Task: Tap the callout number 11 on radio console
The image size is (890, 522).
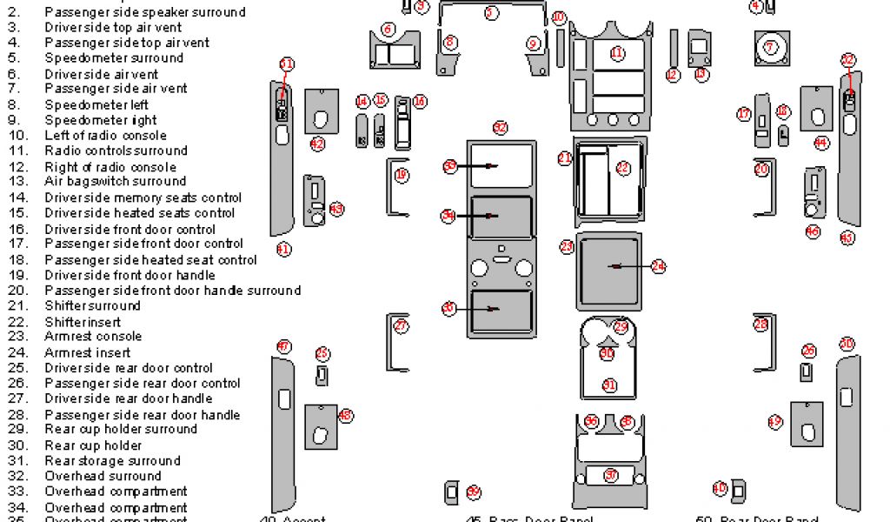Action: [x=617, y=53]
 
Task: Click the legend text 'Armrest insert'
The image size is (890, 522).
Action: [x=87, y=352]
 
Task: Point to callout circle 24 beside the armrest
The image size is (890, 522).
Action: [x=658, y=267]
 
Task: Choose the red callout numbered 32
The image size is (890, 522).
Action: [x=499, y=128]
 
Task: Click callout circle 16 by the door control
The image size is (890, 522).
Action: [x=420, y=102]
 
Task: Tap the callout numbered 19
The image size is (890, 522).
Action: [x=401, y=175]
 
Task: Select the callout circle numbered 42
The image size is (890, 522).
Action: [x=317, y=144]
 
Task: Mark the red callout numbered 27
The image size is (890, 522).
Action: [x=401, y=326]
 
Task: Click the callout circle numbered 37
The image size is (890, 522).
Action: [x=611, y=475]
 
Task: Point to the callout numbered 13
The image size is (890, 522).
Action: [x=701, y=75]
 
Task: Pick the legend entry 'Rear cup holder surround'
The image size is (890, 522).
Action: [x=121, y=429]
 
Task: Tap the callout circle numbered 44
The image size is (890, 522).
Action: [x=820, y=143]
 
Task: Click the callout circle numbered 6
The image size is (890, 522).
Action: [x=388, y=30]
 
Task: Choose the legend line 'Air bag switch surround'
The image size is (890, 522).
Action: [x=115, y=182]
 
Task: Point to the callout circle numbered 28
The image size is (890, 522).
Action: [x=760, y=325]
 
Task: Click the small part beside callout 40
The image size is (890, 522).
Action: [x=737, y=491]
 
